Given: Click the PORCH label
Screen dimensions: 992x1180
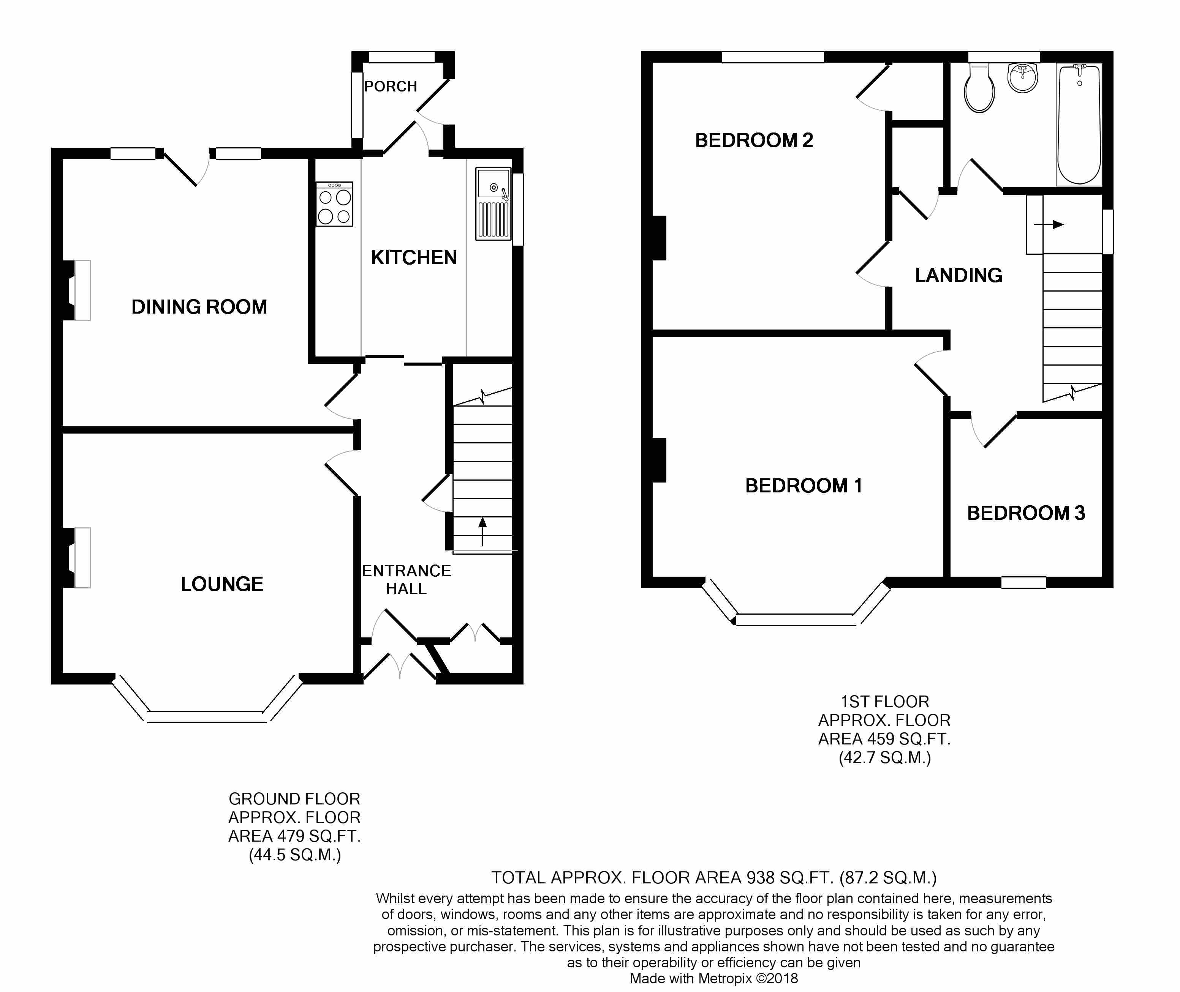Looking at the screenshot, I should (x=391, y=87).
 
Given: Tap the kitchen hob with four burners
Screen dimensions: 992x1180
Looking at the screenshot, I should (x=334, y=205).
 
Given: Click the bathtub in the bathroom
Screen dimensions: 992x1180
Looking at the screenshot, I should (x=1079, y=125).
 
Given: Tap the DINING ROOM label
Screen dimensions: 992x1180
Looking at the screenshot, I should (x=199, y=307).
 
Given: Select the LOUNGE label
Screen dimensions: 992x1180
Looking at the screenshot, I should (x=222, y=584).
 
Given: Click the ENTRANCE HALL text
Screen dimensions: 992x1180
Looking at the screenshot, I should (x=406, y=580).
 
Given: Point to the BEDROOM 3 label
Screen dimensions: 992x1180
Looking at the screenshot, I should (x=1026, y=513).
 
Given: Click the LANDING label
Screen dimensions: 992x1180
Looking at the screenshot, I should (x=958, y=276).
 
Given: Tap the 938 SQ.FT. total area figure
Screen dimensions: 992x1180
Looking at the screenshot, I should (x=789, y=878).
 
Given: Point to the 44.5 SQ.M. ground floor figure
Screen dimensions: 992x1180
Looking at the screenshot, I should (x=294, y=855).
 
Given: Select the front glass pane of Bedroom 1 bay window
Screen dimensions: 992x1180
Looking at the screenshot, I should (x=795, y=620).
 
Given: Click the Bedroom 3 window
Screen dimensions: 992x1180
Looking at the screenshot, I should (x=1023, y=583).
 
